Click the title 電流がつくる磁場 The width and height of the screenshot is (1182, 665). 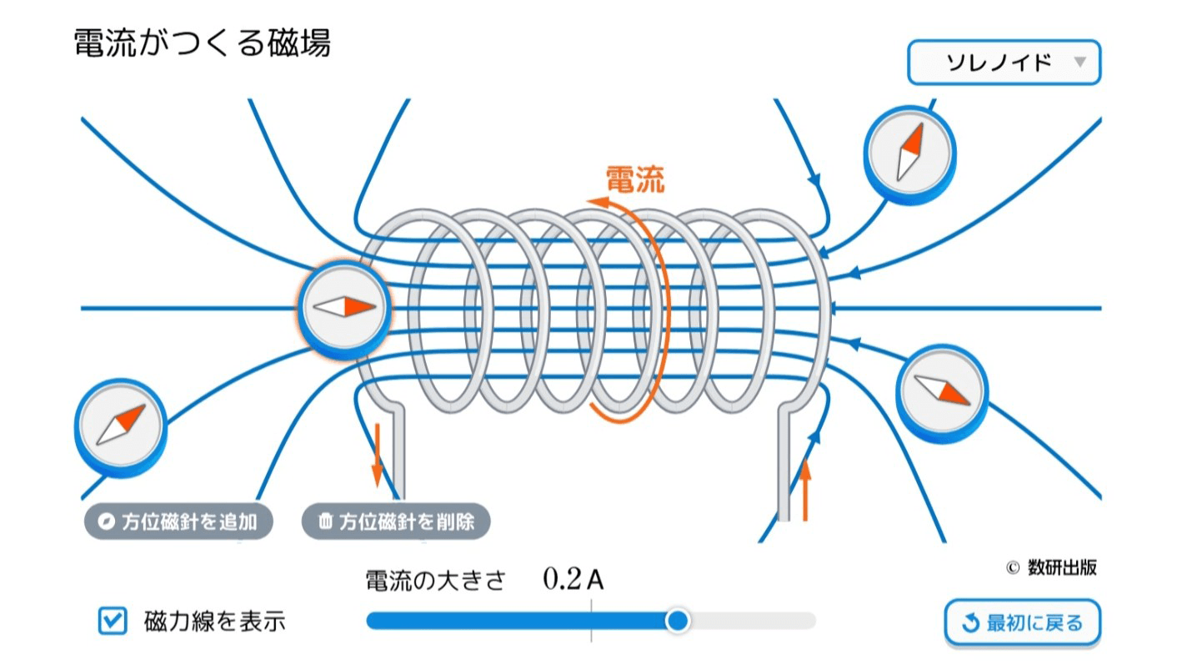203,43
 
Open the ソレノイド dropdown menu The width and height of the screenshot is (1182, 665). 1004,63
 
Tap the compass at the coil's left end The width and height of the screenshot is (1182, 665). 344,306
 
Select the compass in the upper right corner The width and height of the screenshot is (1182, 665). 909,153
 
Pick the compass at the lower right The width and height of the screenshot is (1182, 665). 941,390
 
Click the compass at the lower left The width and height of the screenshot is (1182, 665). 120,425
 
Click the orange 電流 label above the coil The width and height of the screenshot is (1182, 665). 634,179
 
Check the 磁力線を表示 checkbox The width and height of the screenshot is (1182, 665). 113,621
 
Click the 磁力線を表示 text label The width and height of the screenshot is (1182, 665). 215,622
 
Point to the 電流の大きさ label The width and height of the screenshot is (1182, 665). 435,580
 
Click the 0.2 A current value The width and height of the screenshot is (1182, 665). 573,579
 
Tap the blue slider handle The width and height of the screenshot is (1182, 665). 679,620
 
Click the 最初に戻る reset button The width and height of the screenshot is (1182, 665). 1022,622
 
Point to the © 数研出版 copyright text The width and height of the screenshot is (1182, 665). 1051,567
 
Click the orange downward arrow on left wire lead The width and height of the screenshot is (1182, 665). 377,455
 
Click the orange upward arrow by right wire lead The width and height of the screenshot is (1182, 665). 805,488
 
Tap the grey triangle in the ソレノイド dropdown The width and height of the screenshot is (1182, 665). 1080,63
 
